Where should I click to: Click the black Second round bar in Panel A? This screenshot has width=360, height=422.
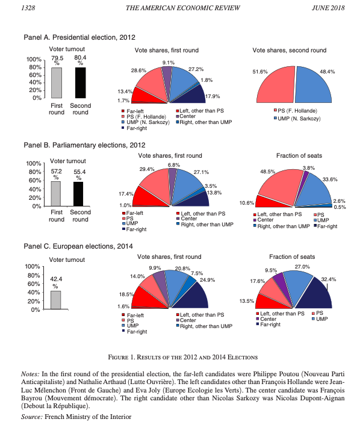(x=81, y=82)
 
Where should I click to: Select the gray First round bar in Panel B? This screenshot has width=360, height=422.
(x=56, y=194)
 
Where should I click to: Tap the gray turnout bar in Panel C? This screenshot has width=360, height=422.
(x=56, y=300)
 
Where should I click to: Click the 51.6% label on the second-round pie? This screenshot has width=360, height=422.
(x=260, y=72)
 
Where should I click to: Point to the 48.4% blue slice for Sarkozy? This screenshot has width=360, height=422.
(x=314, y=86)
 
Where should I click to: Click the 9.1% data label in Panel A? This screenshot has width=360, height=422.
(x=169, y=63)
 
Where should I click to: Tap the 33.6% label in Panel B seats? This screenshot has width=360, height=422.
(x=330, y=179)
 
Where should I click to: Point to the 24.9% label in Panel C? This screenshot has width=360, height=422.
(x=207, y=280)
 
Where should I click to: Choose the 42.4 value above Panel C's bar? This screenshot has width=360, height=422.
(x=56, y=279)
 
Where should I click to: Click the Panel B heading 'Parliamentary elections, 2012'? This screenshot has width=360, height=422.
(x=99, y=145)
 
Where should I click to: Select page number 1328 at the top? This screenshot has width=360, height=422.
(x=28, y=8)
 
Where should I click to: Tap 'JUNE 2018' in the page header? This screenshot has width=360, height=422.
(x=328, y=8)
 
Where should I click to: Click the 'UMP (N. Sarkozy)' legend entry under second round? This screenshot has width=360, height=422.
(x=297, y=119)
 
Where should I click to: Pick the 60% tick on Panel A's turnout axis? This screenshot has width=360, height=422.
(x=36, y=75)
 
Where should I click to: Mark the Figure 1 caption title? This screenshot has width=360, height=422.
(x=183, y=357)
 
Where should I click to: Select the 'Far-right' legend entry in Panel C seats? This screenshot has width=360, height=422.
(x=268, y=324)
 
